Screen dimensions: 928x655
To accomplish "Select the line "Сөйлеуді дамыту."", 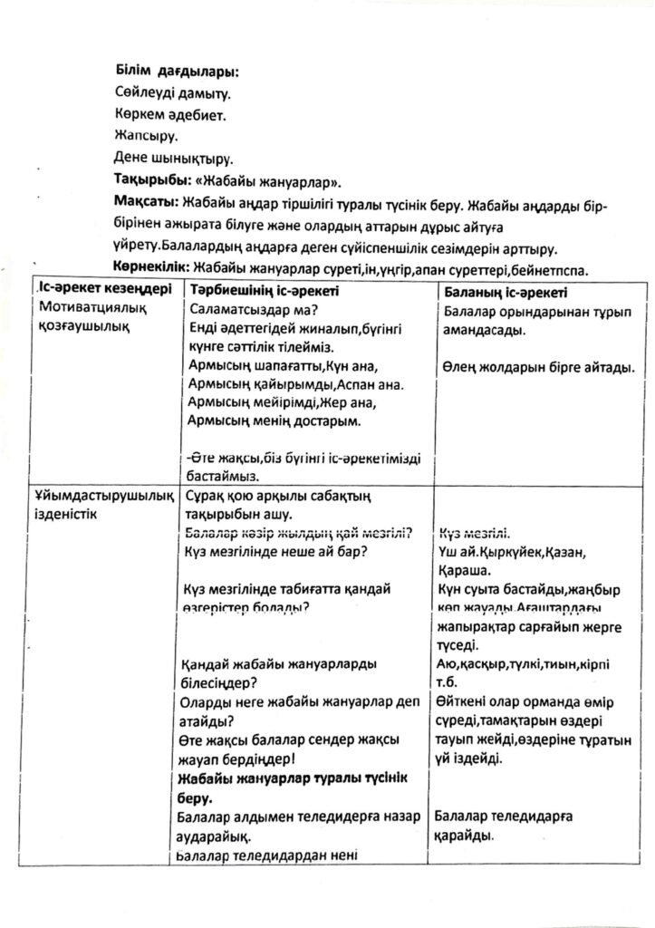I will coord(172,92).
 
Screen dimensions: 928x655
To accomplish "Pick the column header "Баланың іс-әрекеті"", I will coord(505,293).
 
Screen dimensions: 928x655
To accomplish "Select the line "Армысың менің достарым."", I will coord(272,421).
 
